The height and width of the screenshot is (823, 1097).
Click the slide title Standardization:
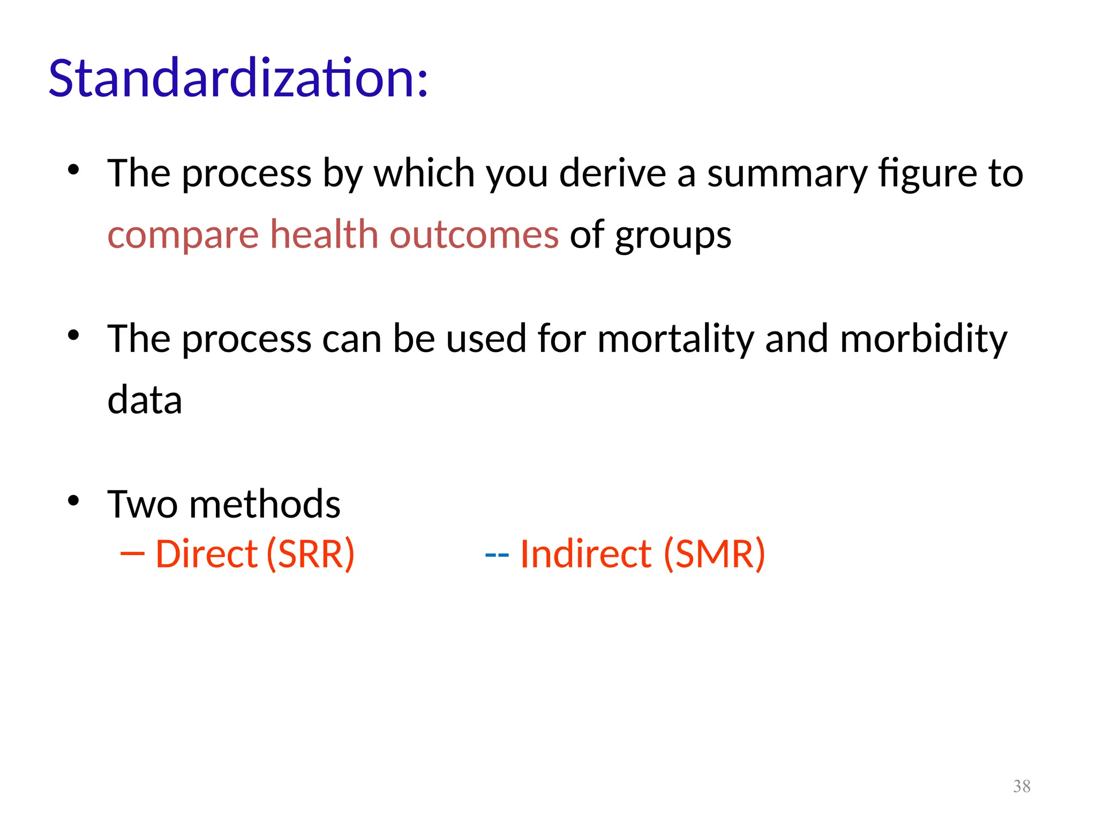click(238, 78)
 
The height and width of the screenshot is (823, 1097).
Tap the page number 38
click(1021, 786)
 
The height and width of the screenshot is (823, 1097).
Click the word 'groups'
click(673, 236)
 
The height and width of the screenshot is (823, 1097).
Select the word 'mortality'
click(675, 339)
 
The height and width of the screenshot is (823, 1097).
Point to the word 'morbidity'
click(923, 339)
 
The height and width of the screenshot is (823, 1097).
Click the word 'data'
click(145, 400)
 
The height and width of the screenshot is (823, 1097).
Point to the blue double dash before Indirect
click(497, 555)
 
